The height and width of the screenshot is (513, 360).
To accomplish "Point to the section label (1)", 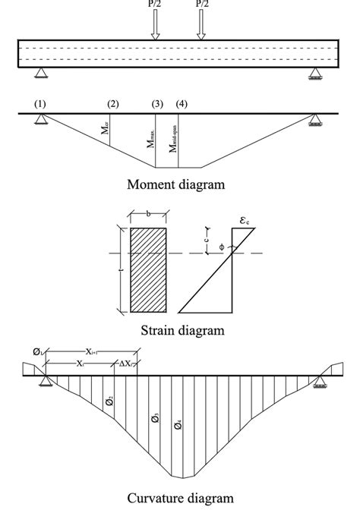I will coord(40,102).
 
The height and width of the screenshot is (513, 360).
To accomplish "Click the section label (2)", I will coord(113,102).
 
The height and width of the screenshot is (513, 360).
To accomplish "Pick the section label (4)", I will coord(181,102).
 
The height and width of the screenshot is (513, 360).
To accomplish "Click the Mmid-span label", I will coord(174,139).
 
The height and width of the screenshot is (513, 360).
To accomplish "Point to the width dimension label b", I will coord(148,216).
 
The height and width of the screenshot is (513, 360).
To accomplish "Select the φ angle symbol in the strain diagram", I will coord(221,247).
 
